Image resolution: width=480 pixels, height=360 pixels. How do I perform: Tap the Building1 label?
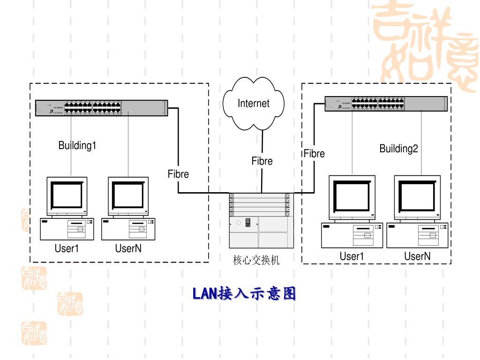(x=77, y=145)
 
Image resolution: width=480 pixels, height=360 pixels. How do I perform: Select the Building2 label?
(x=398, y=149)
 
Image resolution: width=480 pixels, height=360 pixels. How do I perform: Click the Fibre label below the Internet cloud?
(x=262, y=161)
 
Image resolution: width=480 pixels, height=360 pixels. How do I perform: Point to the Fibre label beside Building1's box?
(x=178, y=174)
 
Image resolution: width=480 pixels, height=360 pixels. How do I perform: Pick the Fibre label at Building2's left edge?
(x=314, y=153)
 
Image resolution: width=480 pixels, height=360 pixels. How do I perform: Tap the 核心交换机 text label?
(x=256, y=260)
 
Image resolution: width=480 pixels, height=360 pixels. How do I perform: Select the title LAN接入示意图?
(x=244, y=294)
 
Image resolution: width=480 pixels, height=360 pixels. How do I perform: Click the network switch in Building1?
(x=101, y=108)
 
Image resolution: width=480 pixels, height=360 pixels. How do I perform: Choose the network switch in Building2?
(x=386, y=103)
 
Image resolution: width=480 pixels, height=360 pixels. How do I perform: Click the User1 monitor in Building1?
(x=67, y=196)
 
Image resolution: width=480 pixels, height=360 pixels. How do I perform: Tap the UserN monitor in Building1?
(x=128, y=196)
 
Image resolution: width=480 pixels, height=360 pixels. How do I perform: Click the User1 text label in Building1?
(x=67, y=248)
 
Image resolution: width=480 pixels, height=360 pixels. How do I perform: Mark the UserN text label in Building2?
(x=417, y=256)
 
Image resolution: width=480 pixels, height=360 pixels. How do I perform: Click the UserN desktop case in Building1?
(x=128, y=229)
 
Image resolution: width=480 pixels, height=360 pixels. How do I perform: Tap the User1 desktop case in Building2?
(x=352, y=235)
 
